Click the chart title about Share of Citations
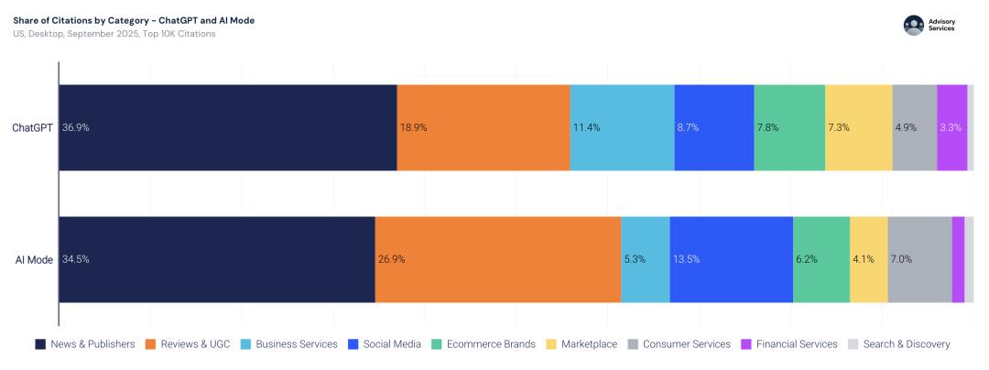point(134,20)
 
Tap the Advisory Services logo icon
point(913,26)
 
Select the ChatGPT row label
point(32,128)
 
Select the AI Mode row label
point(34,259)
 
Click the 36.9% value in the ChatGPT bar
point(76,128)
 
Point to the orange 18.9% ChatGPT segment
point(484,128)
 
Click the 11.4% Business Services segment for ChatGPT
point(622,128)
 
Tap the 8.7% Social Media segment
point(714,128)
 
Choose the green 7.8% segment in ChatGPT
point(789,128)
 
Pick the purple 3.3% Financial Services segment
point(951,128)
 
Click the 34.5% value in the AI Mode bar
point(76,259)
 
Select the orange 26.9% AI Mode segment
point(498,259)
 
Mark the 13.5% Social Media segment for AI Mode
point(731,259)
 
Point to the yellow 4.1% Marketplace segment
point(868,259)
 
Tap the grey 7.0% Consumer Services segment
point(919,259)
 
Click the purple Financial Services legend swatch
point(746,344)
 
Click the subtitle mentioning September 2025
point(114,34)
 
